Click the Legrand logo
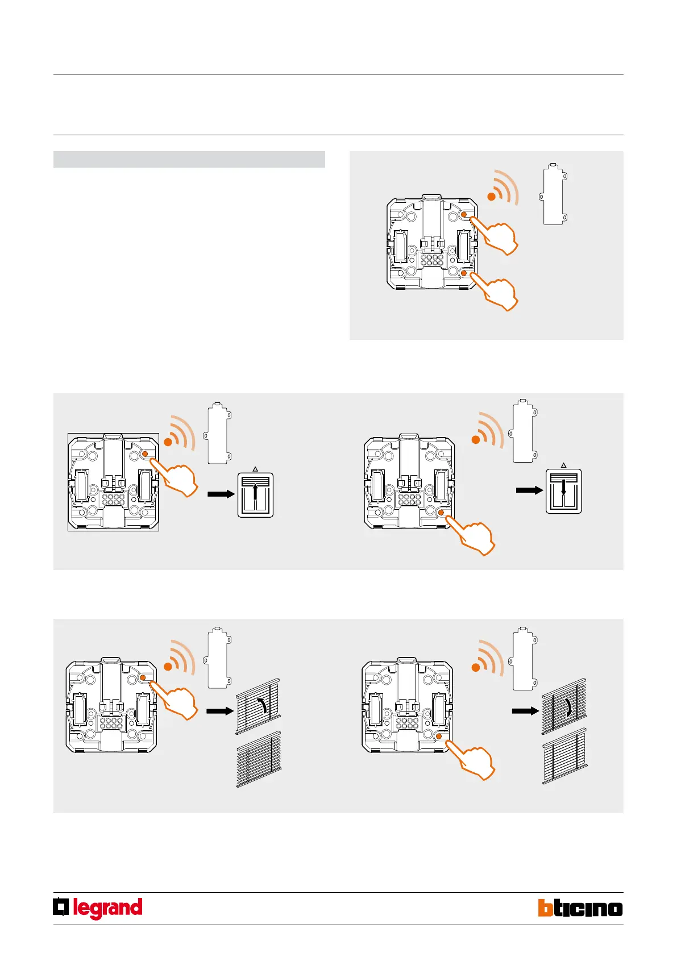coord(98,908)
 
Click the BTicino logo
coord(580,908)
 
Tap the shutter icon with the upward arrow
coord(255,494)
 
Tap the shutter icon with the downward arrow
coord(564,491)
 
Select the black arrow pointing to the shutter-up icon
coord(221,494)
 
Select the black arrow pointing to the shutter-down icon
coord(530,490)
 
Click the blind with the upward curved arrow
coord(259,705)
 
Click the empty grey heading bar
coord(189,159)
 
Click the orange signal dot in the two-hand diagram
coord(491,197)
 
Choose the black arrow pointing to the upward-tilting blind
coord(219,710)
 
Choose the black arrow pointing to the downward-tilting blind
coord(525,710)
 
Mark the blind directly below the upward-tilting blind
coord(259,759)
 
